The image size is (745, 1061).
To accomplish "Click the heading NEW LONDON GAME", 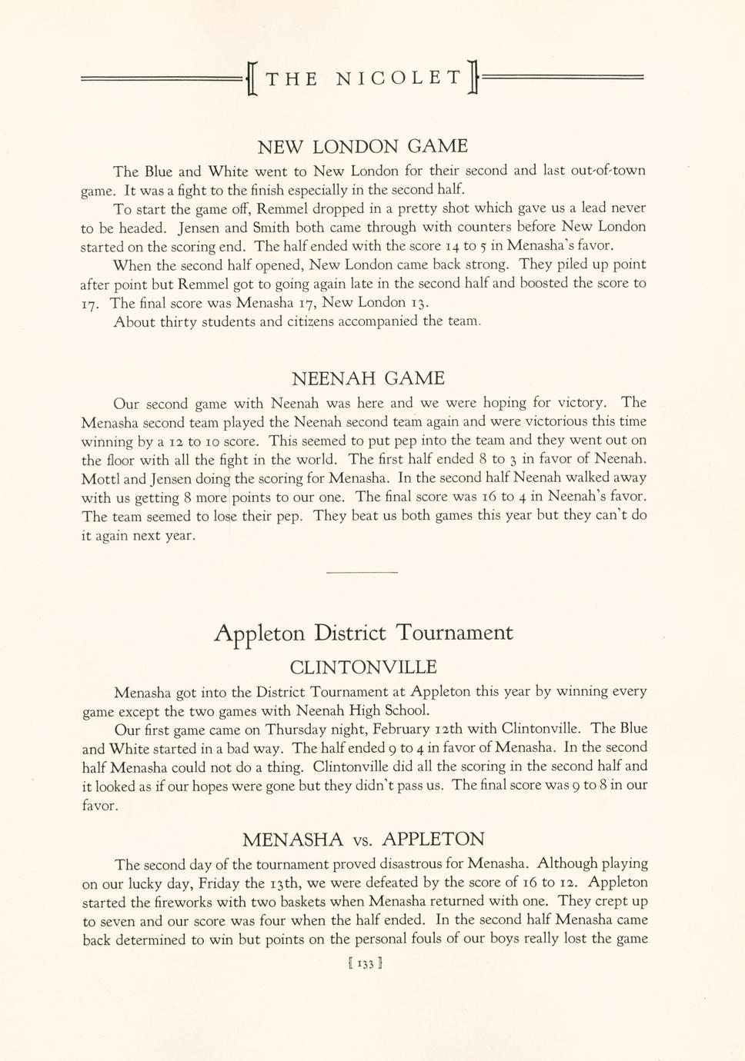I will pyautogui.click(x=362, y=146).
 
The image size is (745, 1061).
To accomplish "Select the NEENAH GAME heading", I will pyautogui.click(x=368, y=378).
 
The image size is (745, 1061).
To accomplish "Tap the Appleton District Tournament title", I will pyautogui.click(x=362, y=634).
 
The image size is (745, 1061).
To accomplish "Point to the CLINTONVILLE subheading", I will pyautogui.click(x=362, y=667).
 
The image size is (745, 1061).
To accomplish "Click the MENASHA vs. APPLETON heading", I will pyautogui.click(x=363, y=839).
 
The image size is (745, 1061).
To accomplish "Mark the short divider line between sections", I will pyautogui.click(x=362, y=572).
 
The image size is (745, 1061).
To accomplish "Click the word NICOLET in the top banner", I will pyautogui.click(x=399, y=78).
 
